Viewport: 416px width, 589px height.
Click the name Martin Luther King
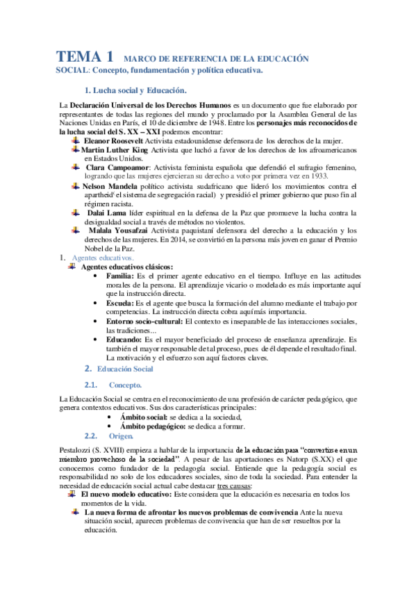[115, 149]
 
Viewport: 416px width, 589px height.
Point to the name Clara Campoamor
[117, 167]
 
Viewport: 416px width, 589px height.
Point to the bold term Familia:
[120, 276]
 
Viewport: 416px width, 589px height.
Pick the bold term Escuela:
[120, 303]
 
